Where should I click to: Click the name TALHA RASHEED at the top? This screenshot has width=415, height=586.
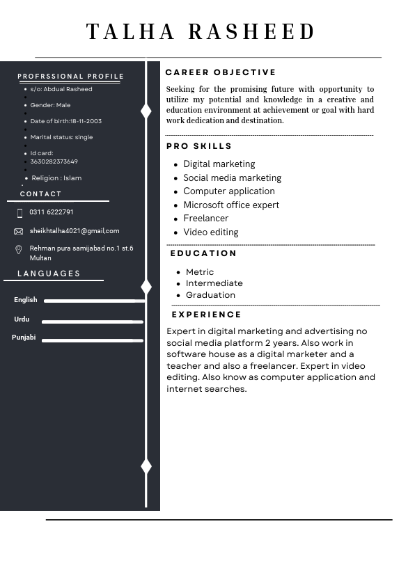201,32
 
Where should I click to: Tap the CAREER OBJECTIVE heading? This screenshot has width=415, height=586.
221,72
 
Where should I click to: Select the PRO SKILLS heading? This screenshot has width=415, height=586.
199,146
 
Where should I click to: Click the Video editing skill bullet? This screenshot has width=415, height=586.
210,232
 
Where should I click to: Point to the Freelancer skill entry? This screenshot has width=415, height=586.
205,219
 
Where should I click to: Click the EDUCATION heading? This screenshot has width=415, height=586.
203,253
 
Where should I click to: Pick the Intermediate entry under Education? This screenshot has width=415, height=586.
214,283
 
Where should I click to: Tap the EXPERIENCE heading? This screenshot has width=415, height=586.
206,315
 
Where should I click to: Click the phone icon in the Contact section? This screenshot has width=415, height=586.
19,213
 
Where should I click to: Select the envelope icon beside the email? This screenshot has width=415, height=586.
19,231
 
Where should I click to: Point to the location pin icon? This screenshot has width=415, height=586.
19,250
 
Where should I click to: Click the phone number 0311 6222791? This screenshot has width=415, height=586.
52,212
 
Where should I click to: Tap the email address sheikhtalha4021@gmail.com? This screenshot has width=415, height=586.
75,231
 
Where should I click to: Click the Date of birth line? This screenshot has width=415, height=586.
65,121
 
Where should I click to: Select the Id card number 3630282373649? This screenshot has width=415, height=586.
54,161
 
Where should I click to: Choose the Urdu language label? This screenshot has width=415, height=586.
22,319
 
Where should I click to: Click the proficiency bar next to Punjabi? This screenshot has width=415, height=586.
92,340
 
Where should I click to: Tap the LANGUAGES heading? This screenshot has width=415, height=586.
49,274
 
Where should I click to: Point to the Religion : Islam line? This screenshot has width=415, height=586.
56,178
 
